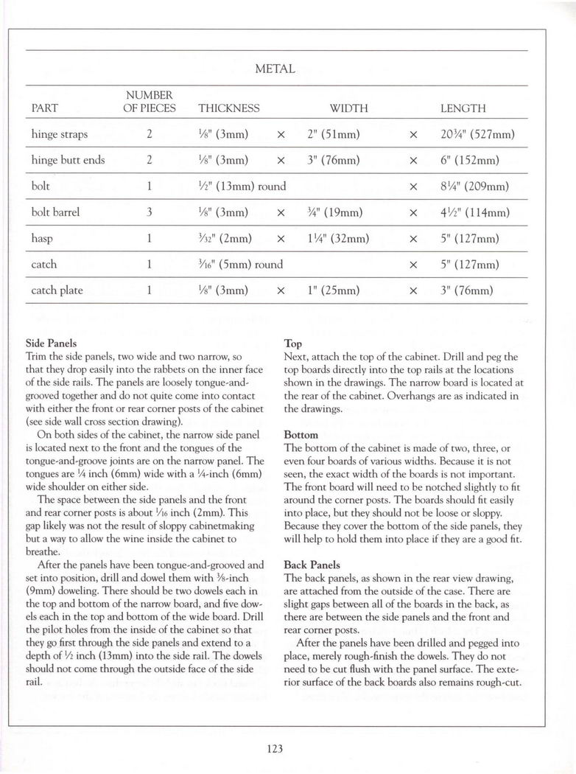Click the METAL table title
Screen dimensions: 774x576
[275, 69]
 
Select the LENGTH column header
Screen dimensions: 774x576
[463, 108]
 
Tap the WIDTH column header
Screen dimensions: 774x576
[348, 108]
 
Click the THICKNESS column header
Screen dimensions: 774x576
[229, 108]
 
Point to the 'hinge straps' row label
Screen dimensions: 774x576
[60, 135]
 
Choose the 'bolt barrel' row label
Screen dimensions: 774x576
[55, 212]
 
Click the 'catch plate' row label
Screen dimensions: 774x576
[57, 290]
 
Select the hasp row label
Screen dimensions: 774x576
[43, 238]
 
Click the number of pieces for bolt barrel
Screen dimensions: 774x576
[149, 212]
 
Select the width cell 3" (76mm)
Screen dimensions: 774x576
[332, 161]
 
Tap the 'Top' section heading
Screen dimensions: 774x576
[292, 344]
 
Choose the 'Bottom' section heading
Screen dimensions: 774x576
[301, 436]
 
